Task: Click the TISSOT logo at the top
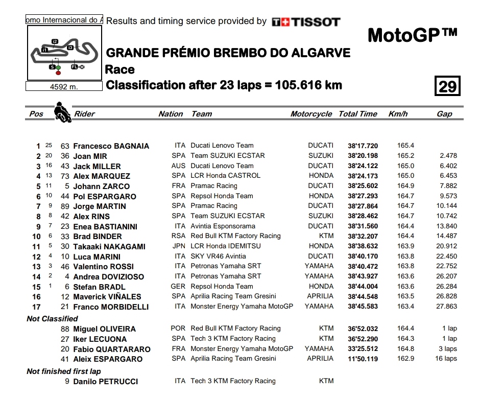tap(305, 22)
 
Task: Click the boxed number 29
tap(447, 86)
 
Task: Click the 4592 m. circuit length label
tap(64, 87)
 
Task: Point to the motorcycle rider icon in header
tap(63, 112)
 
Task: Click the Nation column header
tap(171, 114)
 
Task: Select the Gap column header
tap(444, 114)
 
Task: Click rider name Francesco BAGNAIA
tap(111, 146)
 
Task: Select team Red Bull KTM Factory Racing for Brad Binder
tap(235, 236)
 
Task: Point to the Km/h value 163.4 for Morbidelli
tap(405, 307)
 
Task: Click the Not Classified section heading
tap(52, 319)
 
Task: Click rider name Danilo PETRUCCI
tap(105, 382)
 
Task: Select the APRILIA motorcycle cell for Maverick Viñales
tap(320, 296)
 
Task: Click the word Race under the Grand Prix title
tap(120, 70)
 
